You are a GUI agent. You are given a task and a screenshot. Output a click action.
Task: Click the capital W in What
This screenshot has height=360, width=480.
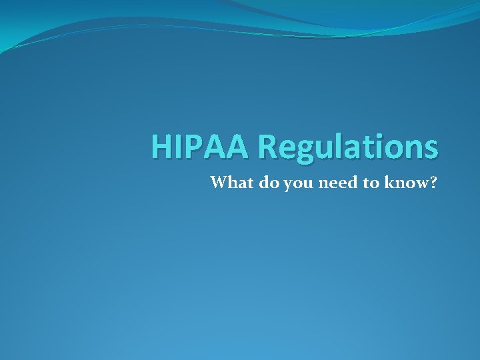[219, 182]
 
